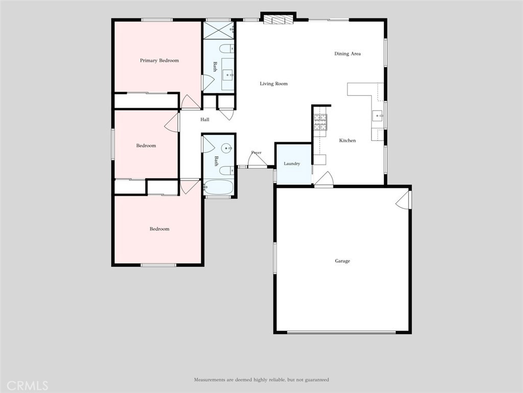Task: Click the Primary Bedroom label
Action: point(159,60)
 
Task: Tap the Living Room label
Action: point(274,83)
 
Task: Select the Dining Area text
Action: point(347,53)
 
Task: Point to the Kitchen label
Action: point(347,140)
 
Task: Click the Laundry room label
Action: point(292,163)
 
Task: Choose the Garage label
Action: point(343,260)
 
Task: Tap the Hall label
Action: point(205,119)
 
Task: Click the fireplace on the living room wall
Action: point(278,20)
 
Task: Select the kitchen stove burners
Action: point(320,122)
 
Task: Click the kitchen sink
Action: point(378,116)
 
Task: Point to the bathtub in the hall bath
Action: point(219,187)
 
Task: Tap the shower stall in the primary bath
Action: point(219,30)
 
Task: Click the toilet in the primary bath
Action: point(227,49)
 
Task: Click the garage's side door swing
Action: point(402,199)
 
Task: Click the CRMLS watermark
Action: point(27,385)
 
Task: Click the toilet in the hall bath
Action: point(227,171)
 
